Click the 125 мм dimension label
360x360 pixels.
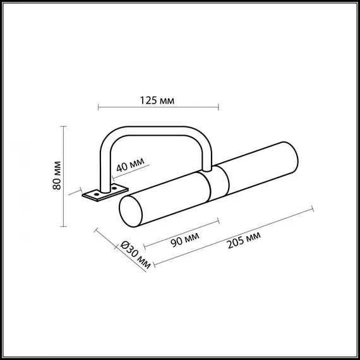(x=158, y=100)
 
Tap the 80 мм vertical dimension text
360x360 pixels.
(x=56, y=176)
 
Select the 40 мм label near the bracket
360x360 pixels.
(x=130, y=165)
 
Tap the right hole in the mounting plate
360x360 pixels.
(x=114, y=187)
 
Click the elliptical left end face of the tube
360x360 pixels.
(x=131, y=210)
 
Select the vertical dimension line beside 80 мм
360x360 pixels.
(x=64, y=176)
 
